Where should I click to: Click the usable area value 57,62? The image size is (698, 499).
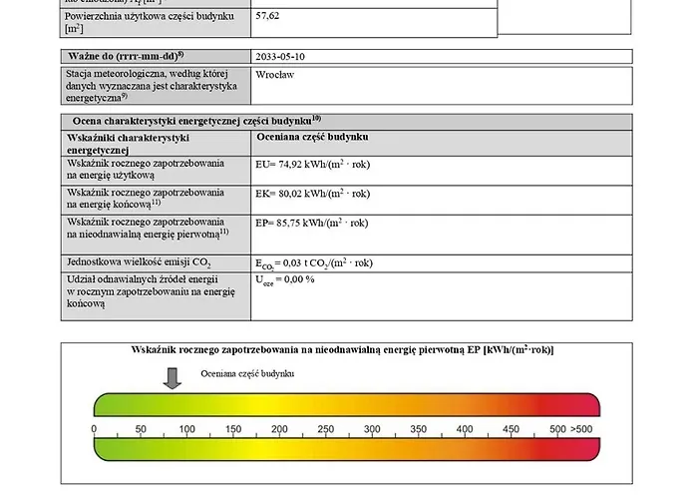click(x=268, y=17)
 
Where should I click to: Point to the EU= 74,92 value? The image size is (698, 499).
click(x=312, y=165)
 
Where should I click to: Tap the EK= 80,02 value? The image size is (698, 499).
click(x=312, y=194)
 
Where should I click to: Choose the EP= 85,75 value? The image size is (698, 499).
click(x=312, y=223)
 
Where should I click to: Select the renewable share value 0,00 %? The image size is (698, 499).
click(x=285, y=280)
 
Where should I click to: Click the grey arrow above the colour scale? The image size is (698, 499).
click(x=172, y=377)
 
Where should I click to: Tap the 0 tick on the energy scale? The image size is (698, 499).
click(x=94, y=429)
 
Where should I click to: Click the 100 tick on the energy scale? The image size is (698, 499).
click(x=186, y=429)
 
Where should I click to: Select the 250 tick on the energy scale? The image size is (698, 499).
click(x=325, y=429)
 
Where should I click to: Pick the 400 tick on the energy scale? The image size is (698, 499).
click(x=465, y=429)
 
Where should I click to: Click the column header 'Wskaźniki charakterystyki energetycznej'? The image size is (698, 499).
click(x=128, y=143)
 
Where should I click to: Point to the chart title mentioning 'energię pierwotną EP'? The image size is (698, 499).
click(x=343, y=350)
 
